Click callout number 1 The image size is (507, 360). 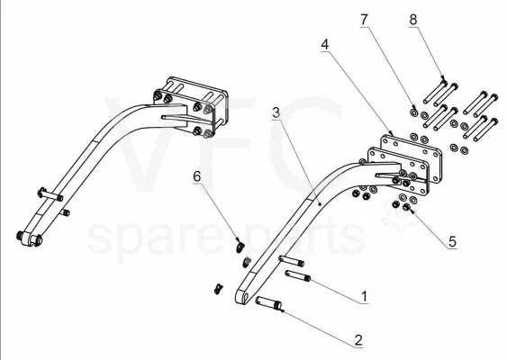364,296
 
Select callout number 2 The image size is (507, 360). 358,340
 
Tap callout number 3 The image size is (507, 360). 276,112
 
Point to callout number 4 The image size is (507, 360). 325,44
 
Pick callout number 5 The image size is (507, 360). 452,242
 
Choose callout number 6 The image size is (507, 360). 196,176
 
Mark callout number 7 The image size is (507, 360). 365,20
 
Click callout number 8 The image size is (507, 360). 413,20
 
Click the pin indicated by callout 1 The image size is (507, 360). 298,276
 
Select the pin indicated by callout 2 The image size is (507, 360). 268,303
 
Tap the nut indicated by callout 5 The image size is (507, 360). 406,207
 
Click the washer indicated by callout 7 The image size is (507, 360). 413,112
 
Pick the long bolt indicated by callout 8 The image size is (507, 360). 435,92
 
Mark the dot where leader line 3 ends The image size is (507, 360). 320,204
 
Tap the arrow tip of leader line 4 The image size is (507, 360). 393,134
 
